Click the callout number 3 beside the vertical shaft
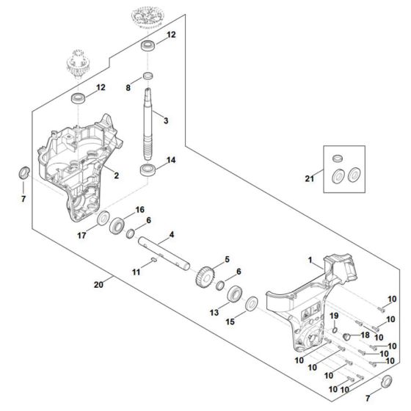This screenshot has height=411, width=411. [x=166, y=121]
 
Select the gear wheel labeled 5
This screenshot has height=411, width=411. [x=205, y=277]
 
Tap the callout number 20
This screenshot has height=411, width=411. [x=98, y=285]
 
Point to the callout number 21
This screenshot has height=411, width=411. [x=309, y=178]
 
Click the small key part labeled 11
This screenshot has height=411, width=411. [x=154, y=260]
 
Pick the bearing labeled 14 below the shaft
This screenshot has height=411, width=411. [x=148, y=170]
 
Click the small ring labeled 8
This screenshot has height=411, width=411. [x=148, y=76]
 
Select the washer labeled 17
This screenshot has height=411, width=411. [x=103, y=218]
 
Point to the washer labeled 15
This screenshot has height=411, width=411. [x=252, y=304]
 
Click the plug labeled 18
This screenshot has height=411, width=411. [x=347, y=336]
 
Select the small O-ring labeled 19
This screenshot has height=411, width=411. [x=335, y=330]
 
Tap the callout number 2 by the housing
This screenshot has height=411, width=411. [x=117, y=175]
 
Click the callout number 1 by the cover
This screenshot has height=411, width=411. [x=310, y=260]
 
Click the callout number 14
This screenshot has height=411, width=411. [x=171, y=160]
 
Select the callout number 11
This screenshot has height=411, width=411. [x=136, y=272]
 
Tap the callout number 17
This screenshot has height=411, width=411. [x=81, y=236]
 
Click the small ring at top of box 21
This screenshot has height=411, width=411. [x=338, y=159]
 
